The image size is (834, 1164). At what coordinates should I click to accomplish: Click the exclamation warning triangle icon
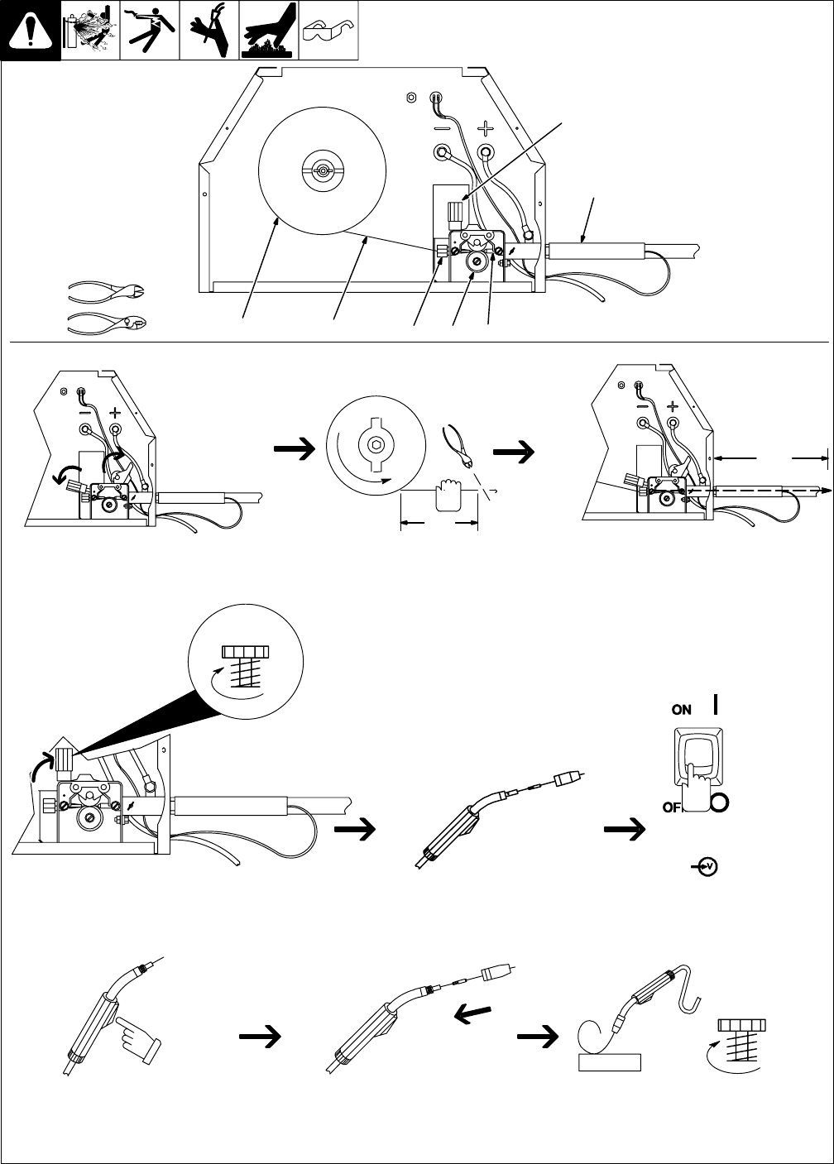click(31, 31)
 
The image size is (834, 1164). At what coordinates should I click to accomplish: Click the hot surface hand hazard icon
click(269, 30)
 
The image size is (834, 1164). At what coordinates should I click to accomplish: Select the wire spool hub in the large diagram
click(322, 171)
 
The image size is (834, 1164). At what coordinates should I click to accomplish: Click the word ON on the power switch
click(681, 709)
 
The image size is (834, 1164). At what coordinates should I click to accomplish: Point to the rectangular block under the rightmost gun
click(610, 1061)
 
